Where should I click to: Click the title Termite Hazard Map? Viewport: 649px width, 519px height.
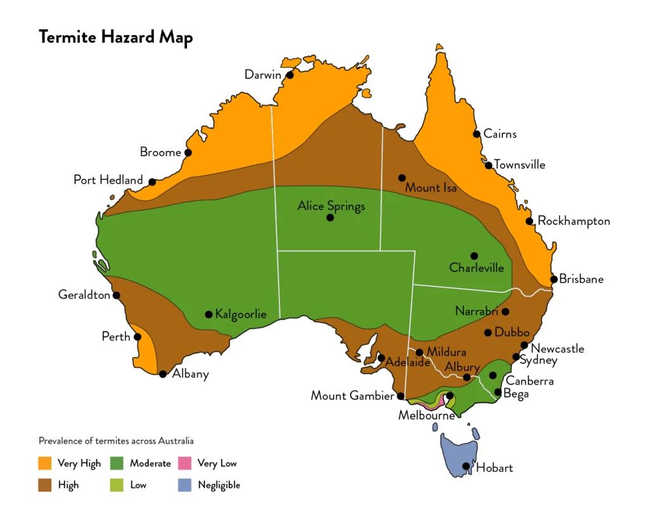pyautogui.click(x=115, y=37)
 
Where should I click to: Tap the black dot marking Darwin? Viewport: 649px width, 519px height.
pyautogui.click(x=290, y=75)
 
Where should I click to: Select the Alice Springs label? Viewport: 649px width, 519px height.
pyautogui.click(x=331, y=206)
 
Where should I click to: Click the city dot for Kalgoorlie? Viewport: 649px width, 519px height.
pyautogui.click(x=209, y=314)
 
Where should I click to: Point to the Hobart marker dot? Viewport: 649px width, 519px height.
pyautogui.click(x=466, y=466)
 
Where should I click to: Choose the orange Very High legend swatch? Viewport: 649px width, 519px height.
pyautogui.click(x=46, y=463)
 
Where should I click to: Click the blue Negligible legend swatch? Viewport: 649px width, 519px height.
pyautogui.click(x=184, y=485)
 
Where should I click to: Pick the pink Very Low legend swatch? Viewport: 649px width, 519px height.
pyautogui.click(x=184, y=463)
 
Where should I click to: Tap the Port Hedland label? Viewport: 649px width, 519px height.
pyautogui.click(x=108, y=180)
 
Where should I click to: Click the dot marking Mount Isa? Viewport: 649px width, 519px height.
pyautogui.click(x=402, y=177)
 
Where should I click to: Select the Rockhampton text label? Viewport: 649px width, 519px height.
pyautogui.click(x=574, y=221)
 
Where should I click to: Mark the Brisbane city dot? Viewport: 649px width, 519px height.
pyautogui.click(x=554, y=279)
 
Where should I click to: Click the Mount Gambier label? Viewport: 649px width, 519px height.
pyautogui.click(x=352, y=396)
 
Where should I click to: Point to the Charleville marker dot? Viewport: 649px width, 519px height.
pyautogui.click(x=474, y=256)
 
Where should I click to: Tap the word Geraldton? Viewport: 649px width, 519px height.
pyautogui.click(x=84, y=295)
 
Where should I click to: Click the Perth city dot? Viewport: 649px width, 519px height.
pyautogui.click(x=138, y=336)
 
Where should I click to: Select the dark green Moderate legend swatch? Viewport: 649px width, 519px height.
pyautogui.click(x=118, y=463)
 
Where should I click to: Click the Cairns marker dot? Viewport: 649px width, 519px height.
pyautogui.click(x=476, y=134)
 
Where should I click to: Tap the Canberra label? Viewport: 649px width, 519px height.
pyautogui.click(x=529, y=381)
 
